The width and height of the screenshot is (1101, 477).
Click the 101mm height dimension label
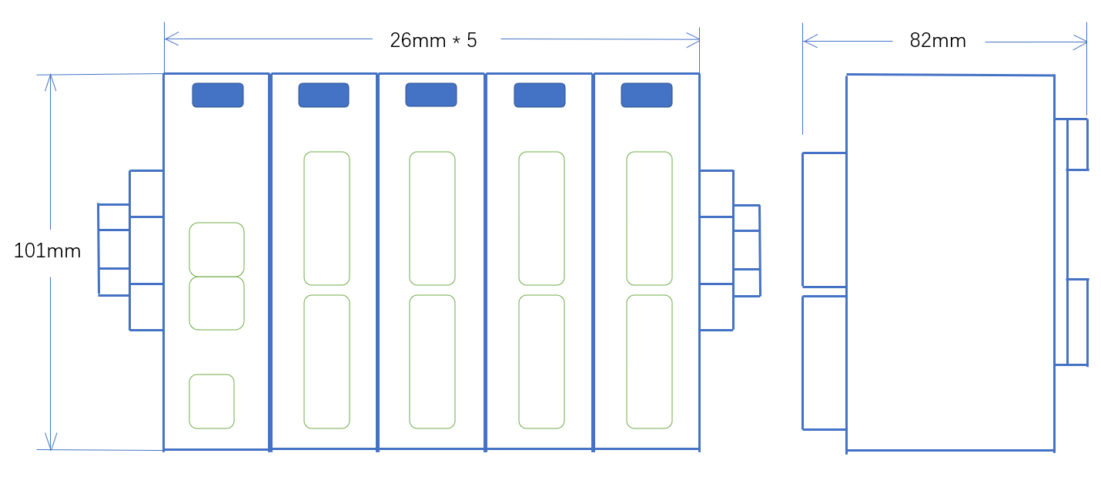tap(47, 250)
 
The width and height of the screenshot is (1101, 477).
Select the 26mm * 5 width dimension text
tap(433, 40)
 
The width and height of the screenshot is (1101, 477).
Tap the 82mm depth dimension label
tap(937, 41)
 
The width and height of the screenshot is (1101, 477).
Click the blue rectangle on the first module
tap(218, 95)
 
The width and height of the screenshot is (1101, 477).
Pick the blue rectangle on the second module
tap(323, 95)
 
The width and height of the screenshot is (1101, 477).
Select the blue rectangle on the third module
tap(431, 95)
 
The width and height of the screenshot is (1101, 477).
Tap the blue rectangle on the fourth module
tap(539, 95)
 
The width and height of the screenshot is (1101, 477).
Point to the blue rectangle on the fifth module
tap(647, 95)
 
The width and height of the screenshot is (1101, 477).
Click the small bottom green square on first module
tap(212, 401)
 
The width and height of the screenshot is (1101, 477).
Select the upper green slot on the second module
tap(326, 218)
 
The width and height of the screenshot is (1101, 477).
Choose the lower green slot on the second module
tap(326, 361)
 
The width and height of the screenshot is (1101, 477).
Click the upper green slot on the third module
tap(432, 218)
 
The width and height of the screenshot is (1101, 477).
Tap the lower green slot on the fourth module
tap(541, 361)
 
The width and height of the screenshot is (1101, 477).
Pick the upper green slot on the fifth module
tap(649, 218)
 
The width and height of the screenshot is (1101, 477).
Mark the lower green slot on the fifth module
tap(649, 361)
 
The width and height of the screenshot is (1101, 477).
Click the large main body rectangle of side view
tap(950, 262)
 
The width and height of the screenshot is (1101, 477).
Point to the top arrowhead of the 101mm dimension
tap(51, 79)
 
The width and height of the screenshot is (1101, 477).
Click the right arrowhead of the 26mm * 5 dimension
tap(694, 37)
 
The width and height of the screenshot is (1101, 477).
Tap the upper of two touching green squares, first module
tap(216, 249)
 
